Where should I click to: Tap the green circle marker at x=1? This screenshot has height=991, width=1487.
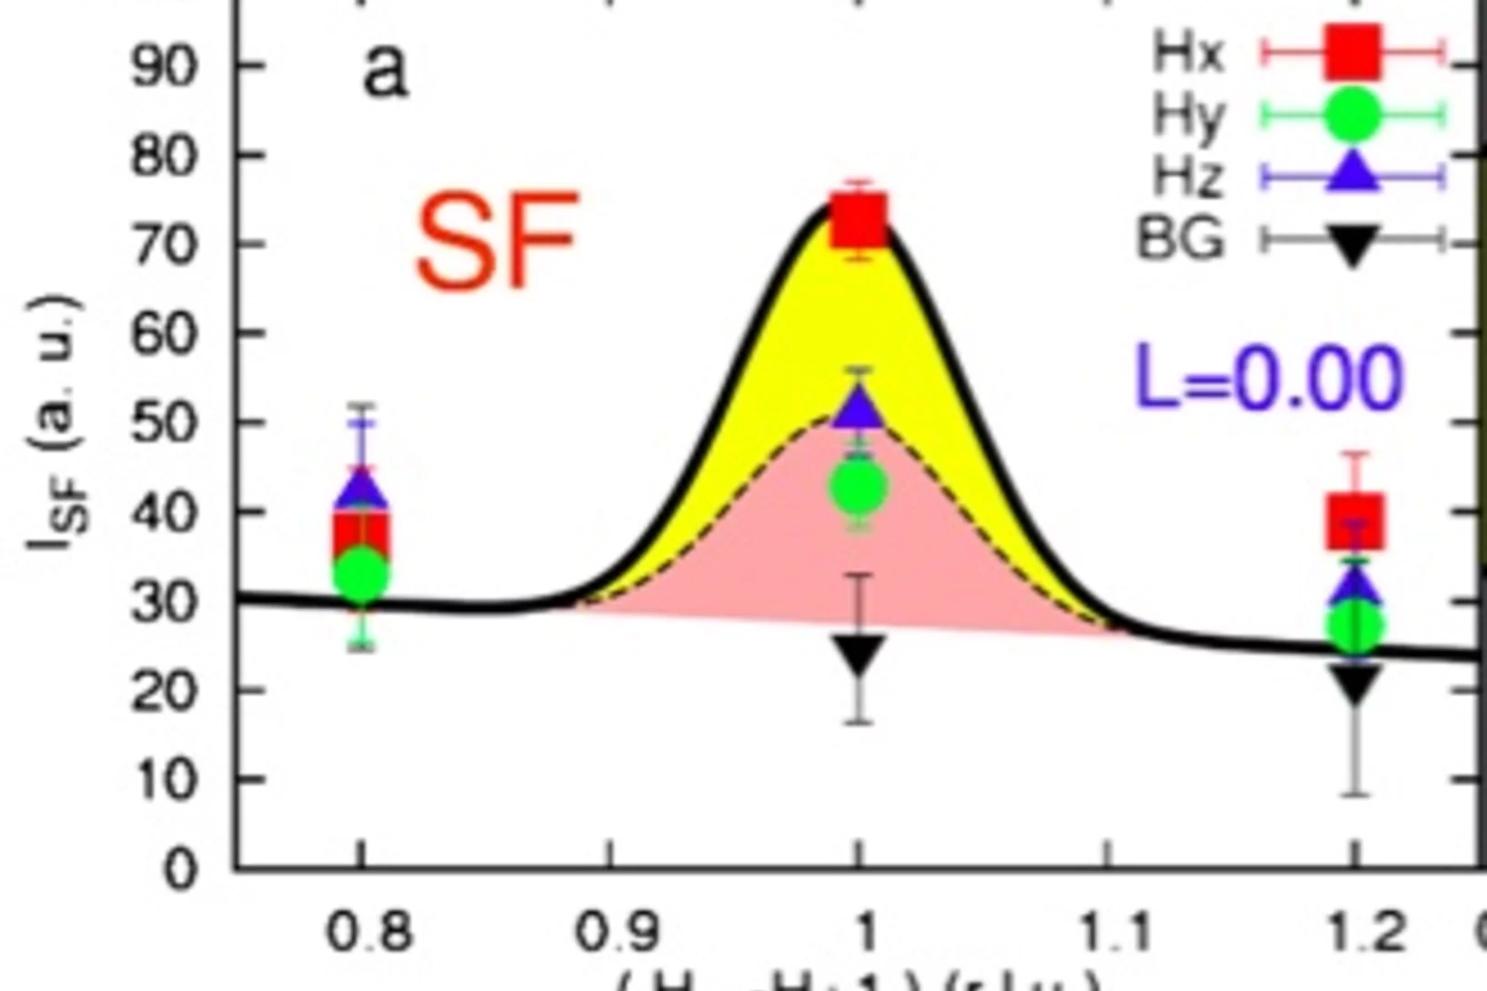coord(859,487)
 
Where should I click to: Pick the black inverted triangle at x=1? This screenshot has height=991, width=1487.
coord(859,653)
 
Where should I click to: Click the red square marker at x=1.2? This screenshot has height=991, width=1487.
coord(1355,522)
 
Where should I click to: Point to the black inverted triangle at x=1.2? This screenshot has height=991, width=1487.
coord(1355,682)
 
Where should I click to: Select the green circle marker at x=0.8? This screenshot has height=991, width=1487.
coord(362,575)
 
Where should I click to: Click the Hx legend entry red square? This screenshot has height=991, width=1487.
coord(1352,53)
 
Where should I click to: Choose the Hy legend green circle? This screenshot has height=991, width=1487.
coord(1352,115)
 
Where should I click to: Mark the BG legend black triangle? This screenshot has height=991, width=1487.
coord(1352,244)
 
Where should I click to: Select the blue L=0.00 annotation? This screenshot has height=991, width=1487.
coord(1269,376)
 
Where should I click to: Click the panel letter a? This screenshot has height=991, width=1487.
coord(386,71)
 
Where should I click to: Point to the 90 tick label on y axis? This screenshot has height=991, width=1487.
coord(164,66)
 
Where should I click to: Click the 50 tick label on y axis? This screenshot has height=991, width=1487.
coord(164,423)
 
